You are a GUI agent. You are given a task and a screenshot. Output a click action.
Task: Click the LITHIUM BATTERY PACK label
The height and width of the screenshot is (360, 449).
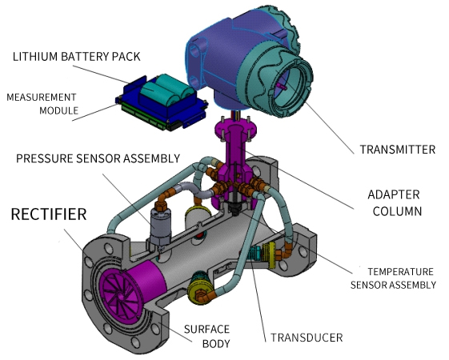[77, 56]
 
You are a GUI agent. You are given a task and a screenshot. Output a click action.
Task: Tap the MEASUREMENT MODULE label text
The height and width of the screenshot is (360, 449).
[42, 103]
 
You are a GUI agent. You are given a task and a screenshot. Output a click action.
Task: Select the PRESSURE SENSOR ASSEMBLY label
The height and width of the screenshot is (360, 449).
[98, 158]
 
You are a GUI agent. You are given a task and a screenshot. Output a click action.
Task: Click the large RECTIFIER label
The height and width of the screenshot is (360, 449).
[49, 214]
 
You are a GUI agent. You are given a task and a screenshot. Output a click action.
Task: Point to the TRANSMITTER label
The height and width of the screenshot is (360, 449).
[398, 150]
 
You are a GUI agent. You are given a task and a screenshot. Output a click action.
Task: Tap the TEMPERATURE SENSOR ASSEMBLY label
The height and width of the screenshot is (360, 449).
[393, 278]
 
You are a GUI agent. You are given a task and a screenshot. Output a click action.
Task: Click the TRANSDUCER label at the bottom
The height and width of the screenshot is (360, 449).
[307, 338]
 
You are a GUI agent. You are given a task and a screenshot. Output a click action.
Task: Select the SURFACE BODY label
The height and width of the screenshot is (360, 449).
[206, 336]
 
